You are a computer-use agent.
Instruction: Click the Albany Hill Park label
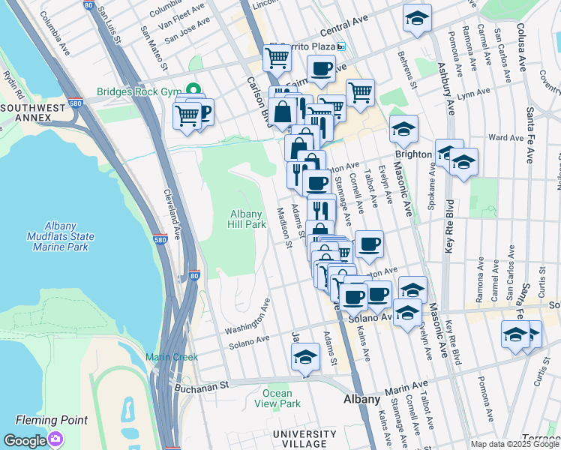point(247,219)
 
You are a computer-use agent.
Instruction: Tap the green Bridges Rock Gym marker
point(194,92)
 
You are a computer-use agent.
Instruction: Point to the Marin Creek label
point(172,357)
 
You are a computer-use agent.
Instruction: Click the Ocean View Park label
point(281,398)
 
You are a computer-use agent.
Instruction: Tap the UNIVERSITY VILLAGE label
point(304,439)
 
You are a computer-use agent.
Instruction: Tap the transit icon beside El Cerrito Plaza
point(340,46)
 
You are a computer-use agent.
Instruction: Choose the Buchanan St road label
point(201,387)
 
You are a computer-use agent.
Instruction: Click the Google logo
point(25,440)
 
